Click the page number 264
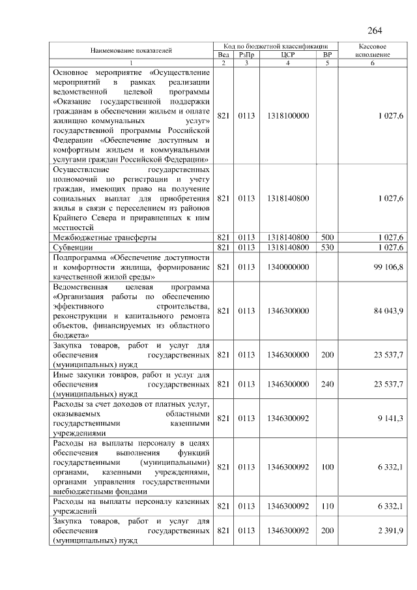tap(375, 31)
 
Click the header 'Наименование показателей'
tap(132, 51)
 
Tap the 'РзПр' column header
tap(246, 55)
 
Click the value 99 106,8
tap(390, 267)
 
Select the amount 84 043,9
tap(390, 311)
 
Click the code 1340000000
tap(288, 267)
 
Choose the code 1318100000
tap(288, 115)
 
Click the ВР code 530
tap(327, 248)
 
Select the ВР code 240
tap(327, 384)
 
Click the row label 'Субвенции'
tap(72, 248)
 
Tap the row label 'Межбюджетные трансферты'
tap(104, 238)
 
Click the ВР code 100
tap(327, 467)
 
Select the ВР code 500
tap(327, 238)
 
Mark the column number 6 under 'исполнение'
tap(374, 63)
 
